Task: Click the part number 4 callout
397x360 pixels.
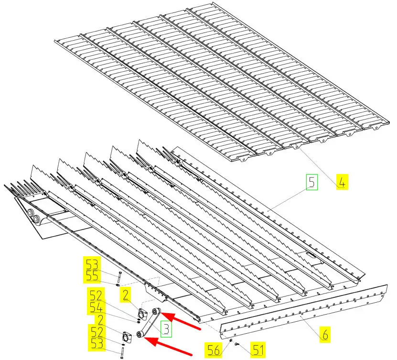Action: click(342, 182)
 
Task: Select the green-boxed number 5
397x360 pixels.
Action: click(311, 182)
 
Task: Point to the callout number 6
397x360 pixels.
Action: click(325, 335)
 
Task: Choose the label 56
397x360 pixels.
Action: click(214, 350)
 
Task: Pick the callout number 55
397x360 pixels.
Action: click(92, 276)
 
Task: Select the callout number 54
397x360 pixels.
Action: click(96, 307)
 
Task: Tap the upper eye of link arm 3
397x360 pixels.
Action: click(156, 311)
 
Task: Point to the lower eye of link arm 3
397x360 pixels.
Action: click(140, 334)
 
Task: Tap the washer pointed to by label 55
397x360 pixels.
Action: click(118, 285)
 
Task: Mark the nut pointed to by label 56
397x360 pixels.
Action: click(231, 340)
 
